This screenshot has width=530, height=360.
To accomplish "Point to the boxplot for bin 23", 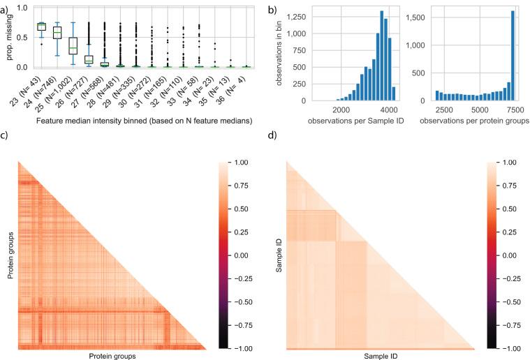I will pos(41,27).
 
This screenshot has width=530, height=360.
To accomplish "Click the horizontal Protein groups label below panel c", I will pos(112,355).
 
